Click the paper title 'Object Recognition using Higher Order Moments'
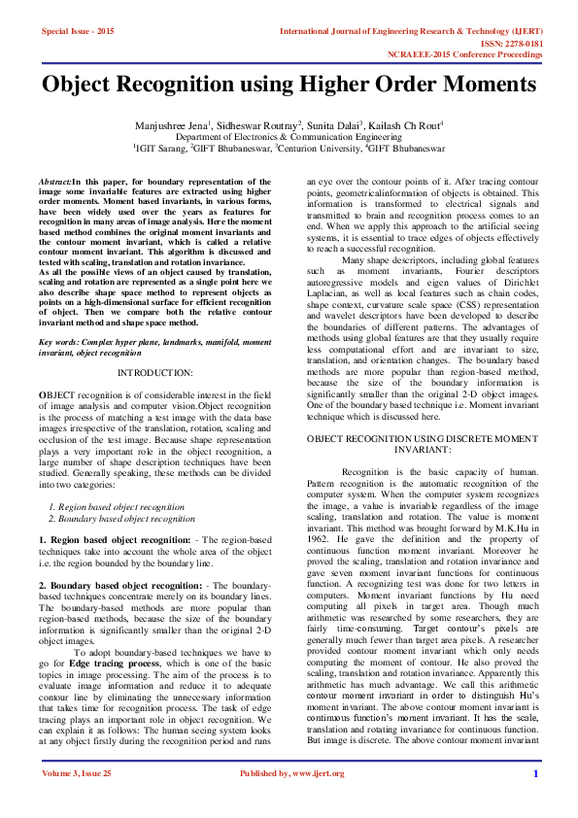289,85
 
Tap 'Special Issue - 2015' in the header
78,32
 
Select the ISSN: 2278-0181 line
533,44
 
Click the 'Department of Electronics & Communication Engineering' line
289,138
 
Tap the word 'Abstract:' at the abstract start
54,182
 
